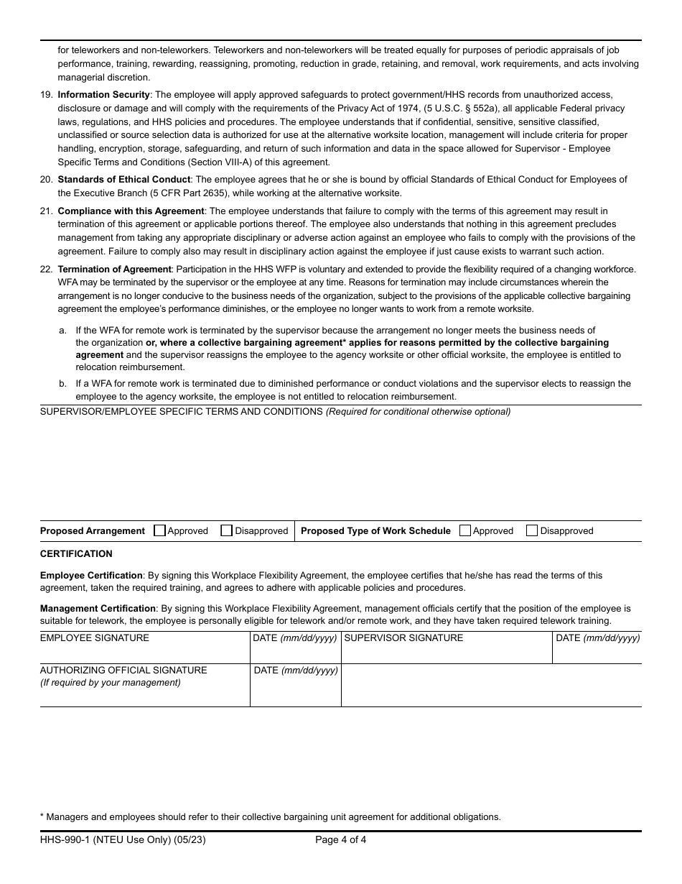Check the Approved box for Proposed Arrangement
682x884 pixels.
click(159, 531)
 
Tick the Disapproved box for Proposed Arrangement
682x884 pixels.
click(227, 531)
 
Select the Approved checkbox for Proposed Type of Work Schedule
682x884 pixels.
click(464, 531)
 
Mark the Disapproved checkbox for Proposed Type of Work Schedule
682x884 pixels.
click(532, 531)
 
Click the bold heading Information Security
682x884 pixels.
click(103, 95)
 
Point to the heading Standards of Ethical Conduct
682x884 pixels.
click(123, 180)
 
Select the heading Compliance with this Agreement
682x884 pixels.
click(131, 211)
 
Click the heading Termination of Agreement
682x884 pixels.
click(114, 270)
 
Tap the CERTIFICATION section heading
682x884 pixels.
click(76, 554)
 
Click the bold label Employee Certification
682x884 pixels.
click(91, 576)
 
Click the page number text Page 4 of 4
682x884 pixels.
click(340, 839)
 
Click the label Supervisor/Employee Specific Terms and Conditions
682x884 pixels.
click(181, 412)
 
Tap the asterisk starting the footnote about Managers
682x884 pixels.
click(42, 816)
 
